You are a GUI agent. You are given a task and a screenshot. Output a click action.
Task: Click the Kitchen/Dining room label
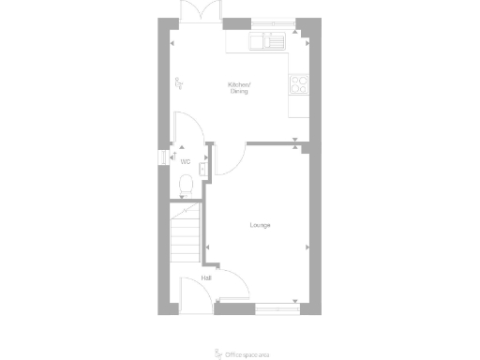point(240,88)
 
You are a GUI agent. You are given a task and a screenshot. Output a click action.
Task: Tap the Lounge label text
point(261,225)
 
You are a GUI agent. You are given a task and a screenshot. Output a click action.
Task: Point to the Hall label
point(205,277)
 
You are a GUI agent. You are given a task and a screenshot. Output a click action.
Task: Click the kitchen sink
point(268,41)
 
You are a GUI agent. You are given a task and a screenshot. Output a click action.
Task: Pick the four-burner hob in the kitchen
point(300,84)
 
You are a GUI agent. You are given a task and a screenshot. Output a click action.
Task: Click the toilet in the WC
point(185,183)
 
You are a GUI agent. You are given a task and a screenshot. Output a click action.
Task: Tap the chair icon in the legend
point(220,353)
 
